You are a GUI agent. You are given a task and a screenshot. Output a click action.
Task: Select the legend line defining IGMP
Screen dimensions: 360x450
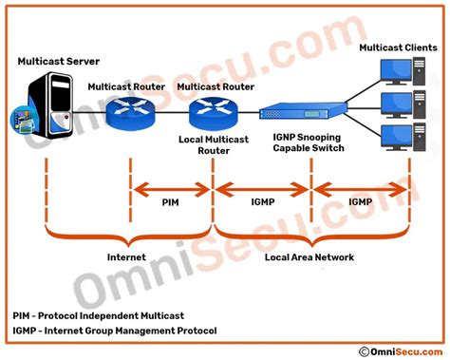[x=115, y=331]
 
